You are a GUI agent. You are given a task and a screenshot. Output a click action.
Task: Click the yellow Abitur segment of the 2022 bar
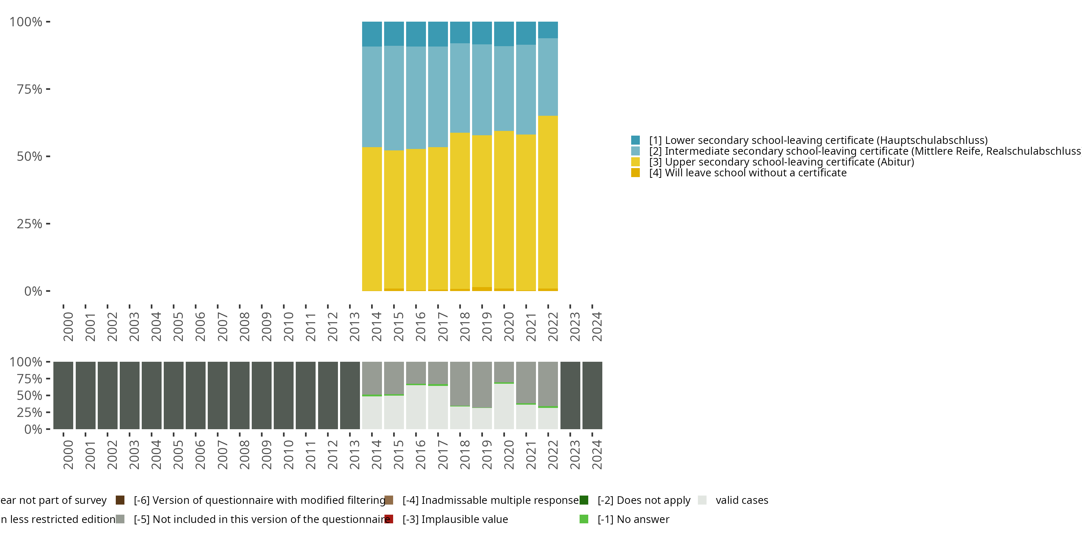coord(548,202)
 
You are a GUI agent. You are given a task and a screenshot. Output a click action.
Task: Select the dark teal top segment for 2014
coord(372,34)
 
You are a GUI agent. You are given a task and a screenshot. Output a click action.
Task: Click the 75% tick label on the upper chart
coord(30,89)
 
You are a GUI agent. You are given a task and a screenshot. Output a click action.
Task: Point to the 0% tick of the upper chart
coord(33,291)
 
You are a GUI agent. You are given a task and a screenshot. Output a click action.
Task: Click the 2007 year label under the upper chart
coord(222,326)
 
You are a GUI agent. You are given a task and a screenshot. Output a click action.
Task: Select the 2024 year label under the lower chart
coord(597,454)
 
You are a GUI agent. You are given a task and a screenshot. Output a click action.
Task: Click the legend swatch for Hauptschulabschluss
coord(635,140)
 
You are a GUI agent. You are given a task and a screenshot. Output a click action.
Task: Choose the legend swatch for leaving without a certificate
coord(635,173)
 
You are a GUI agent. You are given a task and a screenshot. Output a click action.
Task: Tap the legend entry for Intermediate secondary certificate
coord(861,151)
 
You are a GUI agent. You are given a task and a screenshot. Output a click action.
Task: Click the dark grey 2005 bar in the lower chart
coord(173,395)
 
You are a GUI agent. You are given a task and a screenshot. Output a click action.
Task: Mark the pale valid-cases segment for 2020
coord(503,406)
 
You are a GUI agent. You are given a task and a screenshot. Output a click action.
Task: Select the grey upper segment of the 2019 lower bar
coord(482,384)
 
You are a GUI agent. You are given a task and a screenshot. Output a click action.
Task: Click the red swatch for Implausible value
coord(389,519)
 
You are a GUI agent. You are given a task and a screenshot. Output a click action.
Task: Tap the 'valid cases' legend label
coord(742,500)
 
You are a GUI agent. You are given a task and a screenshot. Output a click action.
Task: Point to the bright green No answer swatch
coord(584,519)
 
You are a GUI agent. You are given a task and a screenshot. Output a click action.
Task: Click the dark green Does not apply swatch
coord(584,500)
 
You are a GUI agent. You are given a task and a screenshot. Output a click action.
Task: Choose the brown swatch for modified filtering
coord(120,500)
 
